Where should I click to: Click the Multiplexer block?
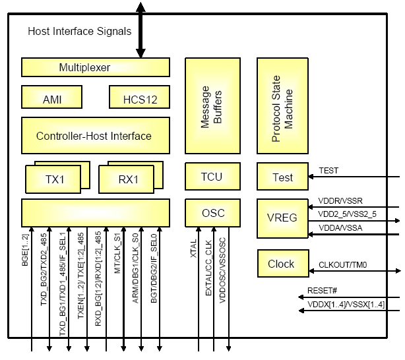click(x=95, y=67)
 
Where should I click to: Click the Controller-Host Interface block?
click(x=95, y=136)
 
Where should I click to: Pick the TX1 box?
click(x=53, y=179)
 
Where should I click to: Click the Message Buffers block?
click(x=212, y=105)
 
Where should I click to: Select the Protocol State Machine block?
click(x=282, y=105)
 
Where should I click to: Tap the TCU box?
click(x=212, y=176)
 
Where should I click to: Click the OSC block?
click(x=212, y=212)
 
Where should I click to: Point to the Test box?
click(x=282, y=177)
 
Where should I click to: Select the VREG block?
click(x=282, y=217)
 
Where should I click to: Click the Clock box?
click(x=281, y=264)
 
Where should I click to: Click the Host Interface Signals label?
click(x=79, y=31)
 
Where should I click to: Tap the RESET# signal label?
click(x=322, y=290)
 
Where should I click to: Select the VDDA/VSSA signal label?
click(x=337, y=227)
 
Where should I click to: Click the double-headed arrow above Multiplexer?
click(x=140, y=30)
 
